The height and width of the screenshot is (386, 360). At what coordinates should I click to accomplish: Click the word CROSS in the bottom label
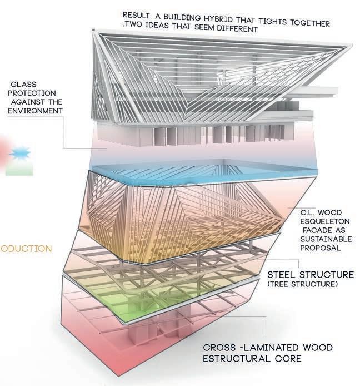click(x=221, y=348)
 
